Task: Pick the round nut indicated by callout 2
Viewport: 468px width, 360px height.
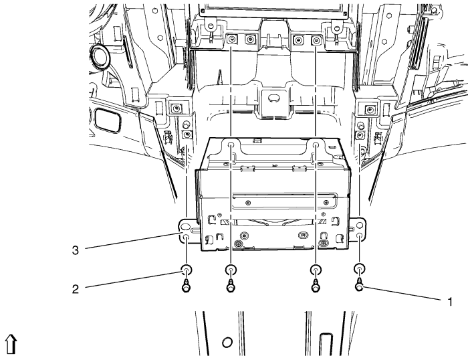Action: (x=185, y=271)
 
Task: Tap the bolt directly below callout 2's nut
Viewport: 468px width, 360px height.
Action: (x=185, y=286)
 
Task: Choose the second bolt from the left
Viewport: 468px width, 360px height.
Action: (x=231, y=286)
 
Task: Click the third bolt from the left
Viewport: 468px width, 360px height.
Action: (x=314, y=286)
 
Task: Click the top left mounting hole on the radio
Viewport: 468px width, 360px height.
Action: (x=230, y=145)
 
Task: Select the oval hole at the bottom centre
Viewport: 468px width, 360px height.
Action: (x=227, y=343)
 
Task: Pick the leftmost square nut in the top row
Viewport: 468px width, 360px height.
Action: (x=231, y=40)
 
